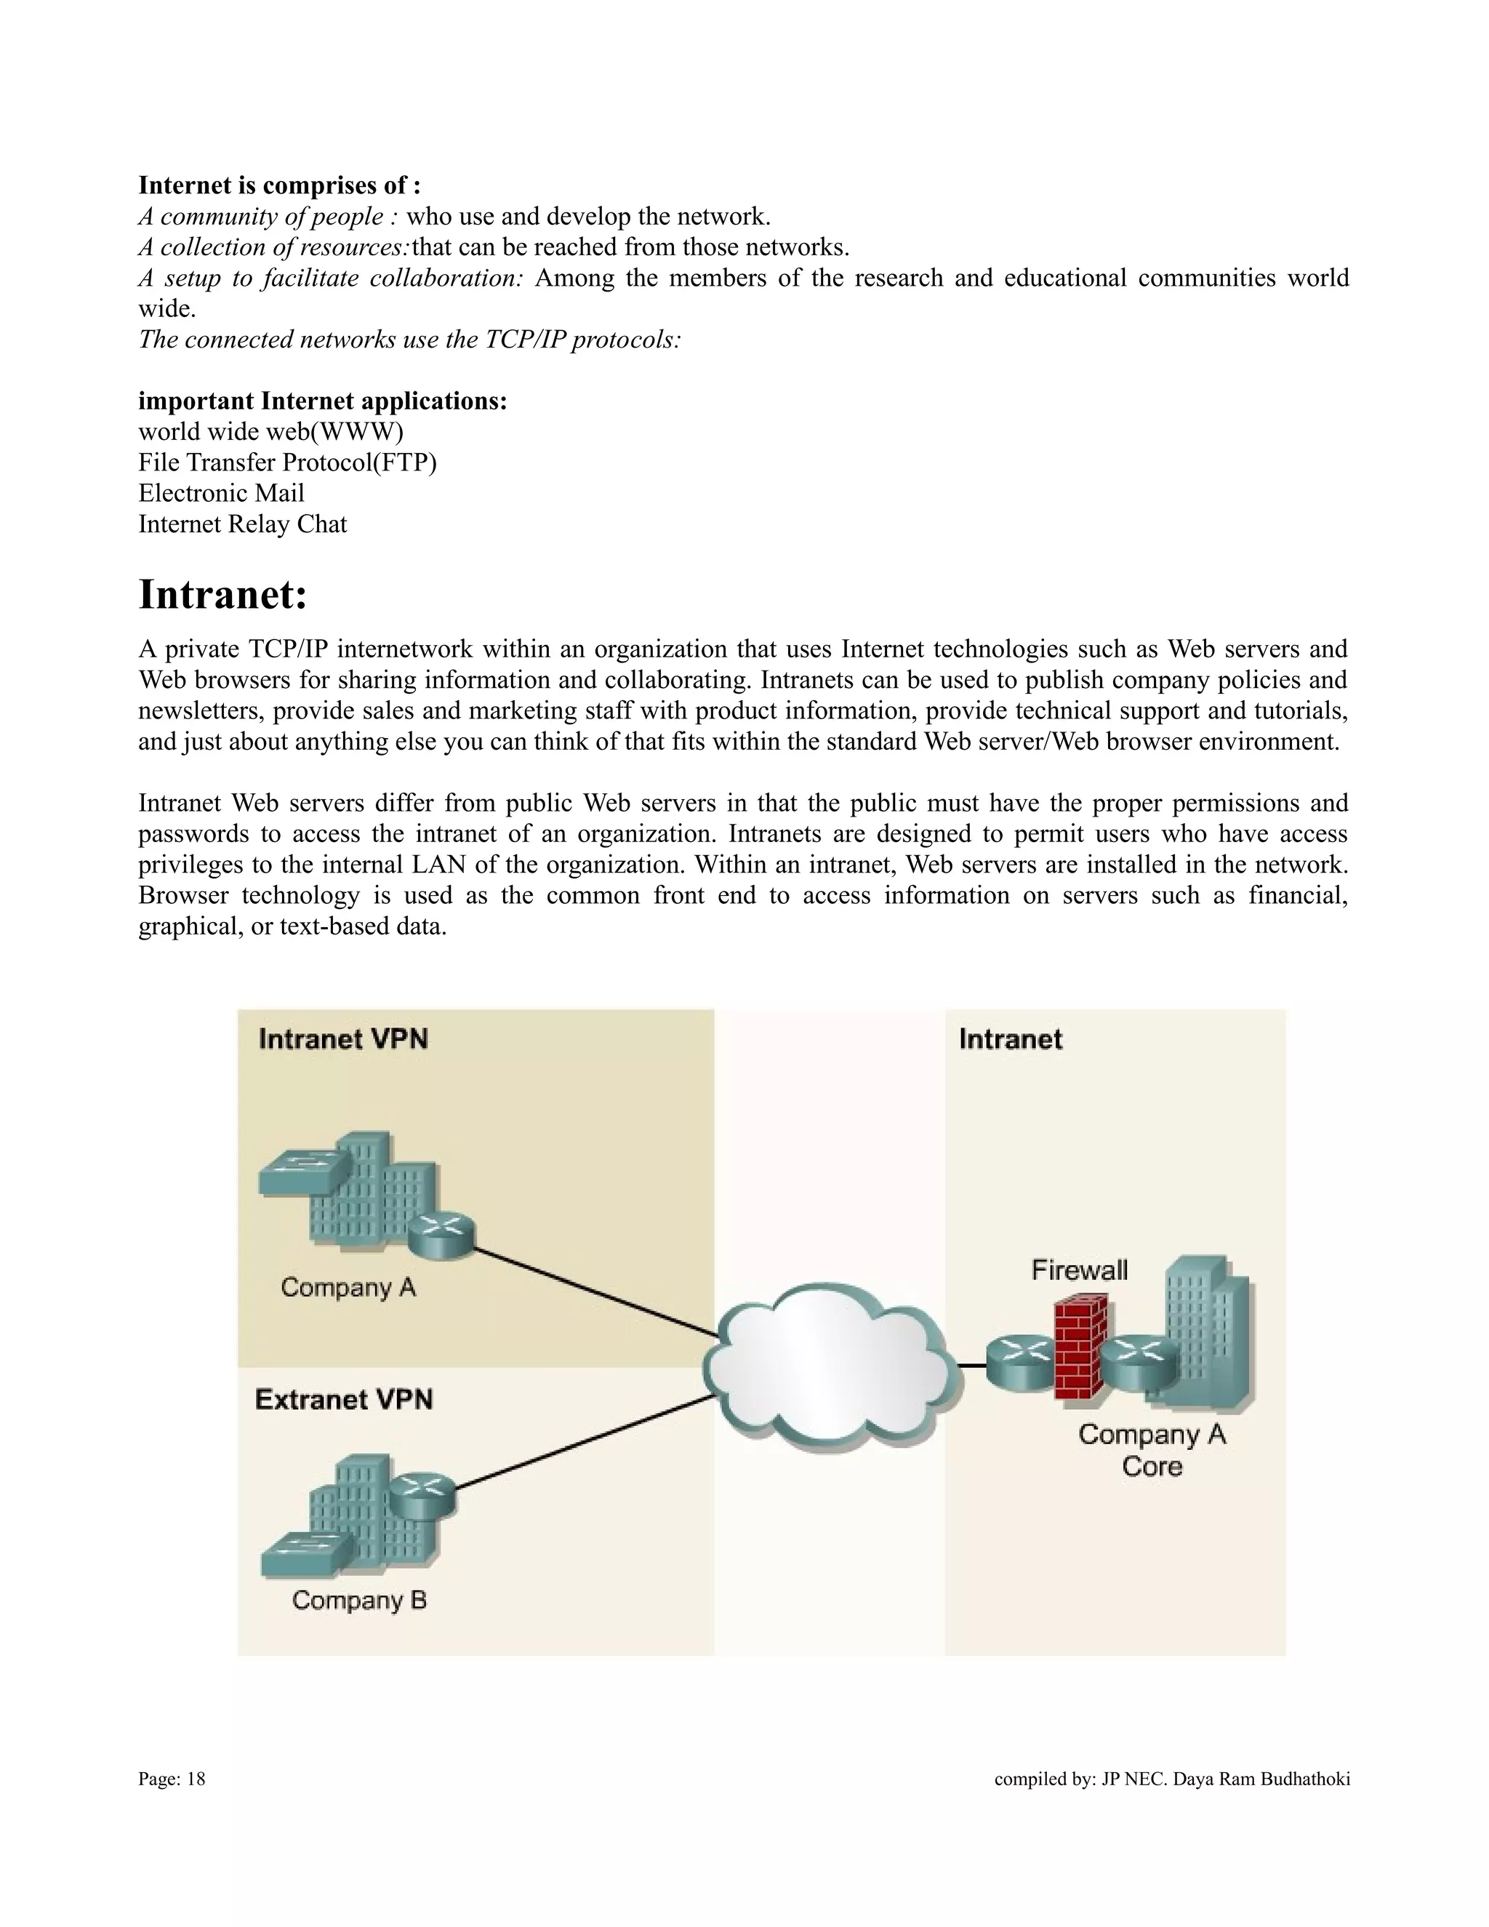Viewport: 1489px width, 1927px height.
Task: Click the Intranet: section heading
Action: [x=223, y=595]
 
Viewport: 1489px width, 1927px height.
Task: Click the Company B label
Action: [x=359, y=1600]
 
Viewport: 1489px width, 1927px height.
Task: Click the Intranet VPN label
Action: [x=343, y=1038]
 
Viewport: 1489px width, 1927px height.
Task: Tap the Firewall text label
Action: [x=1080, y=1270]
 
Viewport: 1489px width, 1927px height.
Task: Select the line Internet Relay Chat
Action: [x=243, y=524]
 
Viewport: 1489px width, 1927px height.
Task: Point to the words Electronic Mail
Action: [x=222, y=493]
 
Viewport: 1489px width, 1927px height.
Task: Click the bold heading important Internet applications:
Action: [x=323, y=401]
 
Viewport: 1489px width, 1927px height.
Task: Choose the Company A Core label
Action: [x=1152, y=1450]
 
